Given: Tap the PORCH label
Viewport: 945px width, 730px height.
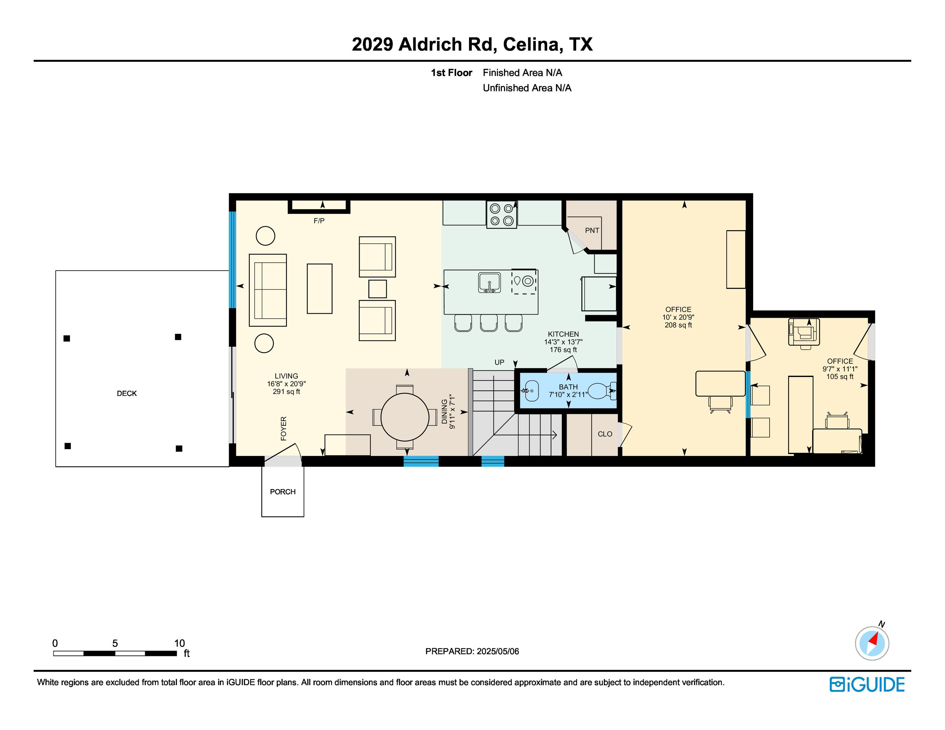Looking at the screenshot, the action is click(x=283, y=492).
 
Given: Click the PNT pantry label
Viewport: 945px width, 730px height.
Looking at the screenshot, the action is click(x=592, y=231).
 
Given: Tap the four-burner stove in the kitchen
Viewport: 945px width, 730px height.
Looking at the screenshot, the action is click(x=501, y=214).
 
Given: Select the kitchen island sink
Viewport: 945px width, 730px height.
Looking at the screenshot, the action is click(x=490, y=283).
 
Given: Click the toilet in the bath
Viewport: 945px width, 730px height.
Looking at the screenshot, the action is click(x=602, y=391).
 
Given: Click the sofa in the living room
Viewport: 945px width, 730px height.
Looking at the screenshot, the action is click(x=268, y=290).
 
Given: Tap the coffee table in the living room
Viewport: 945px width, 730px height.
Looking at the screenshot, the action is click(x=320, y=288).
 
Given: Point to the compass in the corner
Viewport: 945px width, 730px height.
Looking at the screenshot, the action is click(x=872, y=643).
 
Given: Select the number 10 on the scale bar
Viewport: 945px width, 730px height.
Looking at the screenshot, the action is click(x=180, y=643).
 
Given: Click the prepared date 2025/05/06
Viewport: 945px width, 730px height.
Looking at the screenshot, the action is click(x=498, y=651).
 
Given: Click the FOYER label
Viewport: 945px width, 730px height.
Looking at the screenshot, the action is click(x=284, y=429).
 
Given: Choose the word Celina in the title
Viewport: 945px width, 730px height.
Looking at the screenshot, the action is click(x=533, y=44).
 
